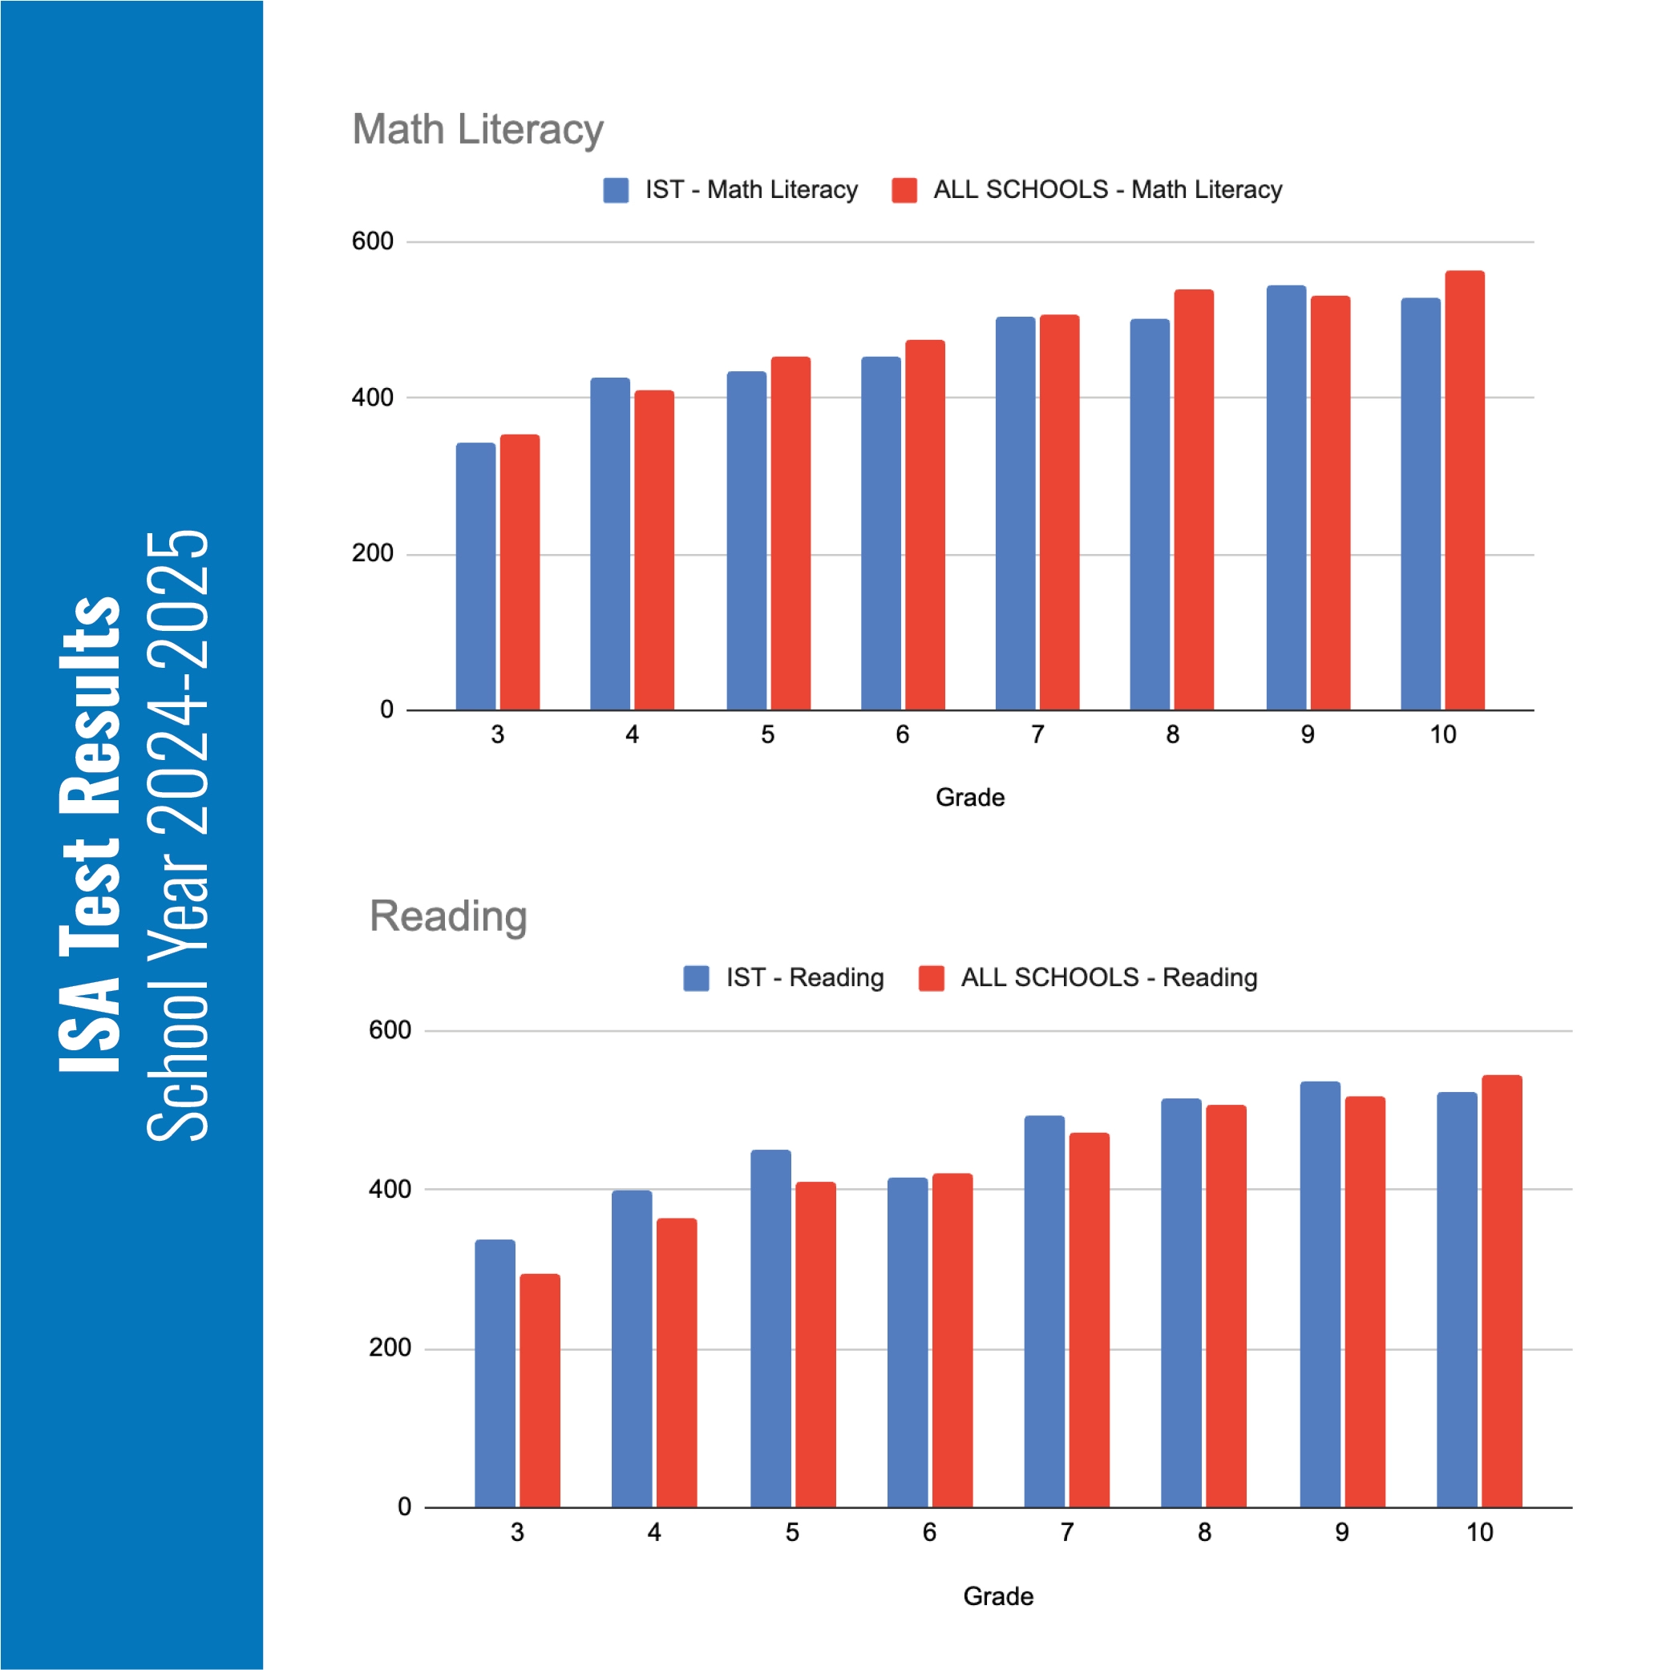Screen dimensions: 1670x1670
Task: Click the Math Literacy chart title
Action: point(477,130)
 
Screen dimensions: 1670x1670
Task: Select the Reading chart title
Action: point(447,916)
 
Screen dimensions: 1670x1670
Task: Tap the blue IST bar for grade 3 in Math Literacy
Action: point(475,576)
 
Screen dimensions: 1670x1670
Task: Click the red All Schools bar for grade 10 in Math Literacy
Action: point(1464,490)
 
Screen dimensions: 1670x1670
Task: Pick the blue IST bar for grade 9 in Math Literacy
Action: point(1285,498)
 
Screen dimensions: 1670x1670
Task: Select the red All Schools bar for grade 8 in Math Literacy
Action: point(1193,499)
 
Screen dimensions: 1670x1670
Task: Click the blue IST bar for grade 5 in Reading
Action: point(770,1328)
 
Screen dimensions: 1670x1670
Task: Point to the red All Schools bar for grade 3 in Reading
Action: point(540,1391)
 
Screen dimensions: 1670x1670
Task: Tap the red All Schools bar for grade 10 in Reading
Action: point(1502,1292)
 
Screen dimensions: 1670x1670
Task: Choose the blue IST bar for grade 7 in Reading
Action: point(1044,1312)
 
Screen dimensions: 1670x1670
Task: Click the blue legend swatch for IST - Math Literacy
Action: point(616,190)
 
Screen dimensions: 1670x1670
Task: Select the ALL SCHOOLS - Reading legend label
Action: point(1109,977)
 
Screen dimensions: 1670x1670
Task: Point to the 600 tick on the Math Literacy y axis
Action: point(373,241)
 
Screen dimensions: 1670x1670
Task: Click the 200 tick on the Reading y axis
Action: point(390,1348)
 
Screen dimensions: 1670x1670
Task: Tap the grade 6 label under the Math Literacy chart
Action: point(903,734)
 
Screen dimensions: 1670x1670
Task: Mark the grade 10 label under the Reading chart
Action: point(1479,1533)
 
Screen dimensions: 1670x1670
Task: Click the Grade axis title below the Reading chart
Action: point(997,1595)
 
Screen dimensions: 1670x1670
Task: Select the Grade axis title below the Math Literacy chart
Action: point(970,797)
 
